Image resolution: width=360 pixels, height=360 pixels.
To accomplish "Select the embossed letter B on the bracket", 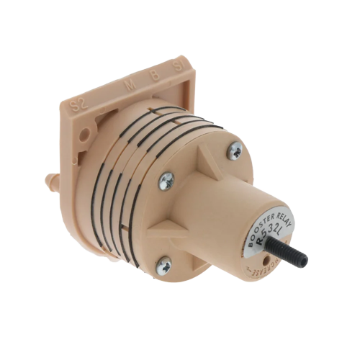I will coord(153,76).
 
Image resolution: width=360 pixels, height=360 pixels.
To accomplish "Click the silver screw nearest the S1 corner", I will coord(235,151).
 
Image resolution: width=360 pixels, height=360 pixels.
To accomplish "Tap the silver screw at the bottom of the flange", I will coord(165,264).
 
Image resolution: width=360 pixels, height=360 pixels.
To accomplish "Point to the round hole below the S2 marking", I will coord(86,132).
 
